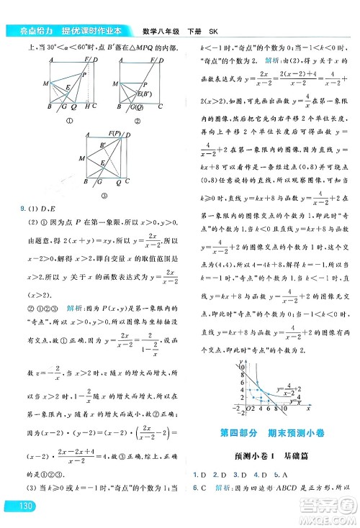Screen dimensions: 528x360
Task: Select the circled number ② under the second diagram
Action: pyautogui.click(x=138, y=119)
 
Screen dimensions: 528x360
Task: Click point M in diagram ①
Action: pyautogui.click(x=46, y=84)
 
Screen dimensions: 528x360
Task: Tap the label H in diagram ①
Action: pyautogui.click(x=87, y=106)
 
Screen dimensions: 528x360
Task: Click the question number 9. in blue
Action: pyautogui.click(x=10, y=210)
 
